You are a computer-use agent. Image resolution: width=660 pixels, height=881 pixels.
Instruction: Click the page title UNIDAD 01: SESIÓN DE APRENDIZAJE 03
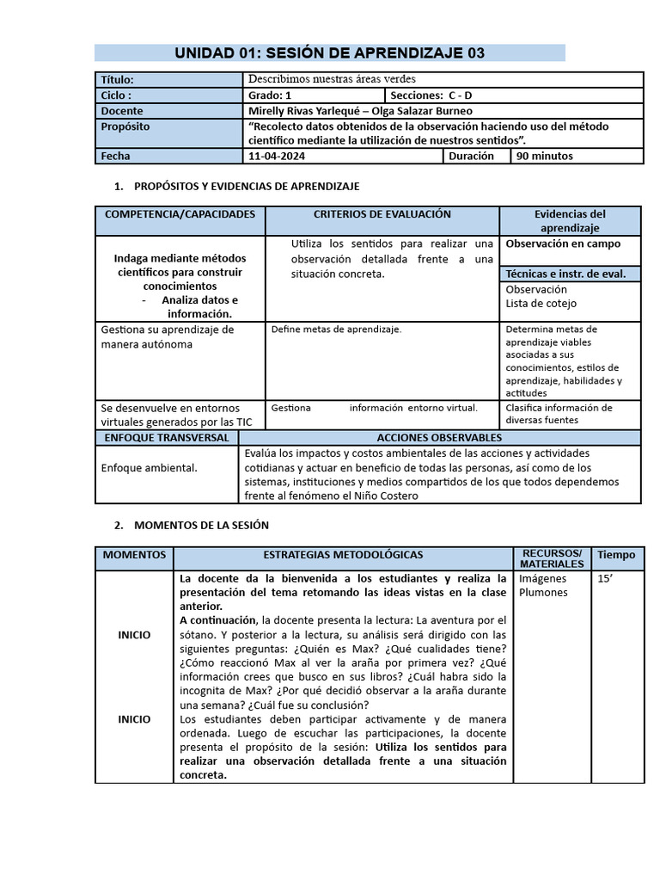click(330, 53)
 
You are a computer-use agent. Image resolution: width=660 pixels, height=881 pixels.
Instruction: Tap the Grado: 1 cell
click(270, 95)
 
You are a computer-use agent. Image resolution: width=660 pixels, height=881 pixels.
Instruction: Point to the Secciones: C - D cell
click(431, 95)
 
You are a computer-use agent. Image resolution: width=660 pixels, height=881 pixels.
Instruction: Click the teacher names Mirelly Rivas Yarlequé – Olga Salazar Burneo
click(359, 111)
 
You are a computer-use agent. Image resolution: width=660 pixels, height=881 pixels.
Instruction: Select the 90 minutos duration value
click(543, 156)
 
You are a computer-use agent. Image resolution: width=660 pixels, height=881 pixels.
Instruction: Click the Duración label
click(472, 156)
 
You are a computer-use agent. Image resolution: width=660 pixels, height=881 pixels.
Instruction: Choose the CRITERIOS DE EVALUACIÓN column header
click(382, 214)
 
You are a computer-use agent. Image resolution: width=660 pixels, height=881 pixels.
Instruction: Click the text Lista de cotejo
click(541, 303)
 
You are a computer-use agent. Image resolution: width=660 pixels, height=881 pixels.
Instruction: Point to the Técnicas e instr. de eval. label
click(565, 274)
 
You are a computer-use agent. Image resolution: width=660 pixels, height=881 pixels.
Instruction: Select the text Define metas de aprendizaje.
click(336, 329)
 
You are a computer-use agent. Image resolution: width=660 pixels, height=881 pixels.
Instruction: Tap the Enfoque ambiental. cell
click(149, 467)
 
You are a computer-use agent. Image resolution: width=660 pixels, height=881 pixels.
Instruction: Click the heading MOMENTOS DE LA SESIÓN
click(202, 525)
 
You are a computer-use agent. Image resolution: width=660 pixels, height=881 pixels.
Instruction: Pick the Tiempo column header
click(616, 555)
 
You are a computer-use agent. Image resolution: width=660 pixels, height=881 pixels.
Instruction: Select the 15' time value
click(605, 579)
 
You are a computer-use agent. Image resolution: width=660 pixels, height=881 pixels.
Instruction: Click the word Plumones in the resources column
click(543, 592)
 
